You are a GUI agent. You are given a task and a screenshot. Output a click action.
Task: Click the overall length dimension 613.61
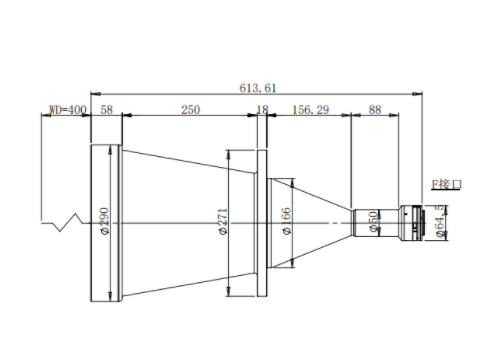[x=258, y=88]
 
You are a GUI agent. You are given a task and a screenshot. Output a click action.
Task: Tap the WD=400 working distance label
[x=68, y=110]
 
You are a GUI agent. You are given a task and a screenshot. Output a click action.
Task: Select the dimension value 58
[x=107, y=110]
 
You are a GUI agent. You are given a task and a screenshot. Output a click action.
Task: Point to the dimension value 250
[x=191, y=110]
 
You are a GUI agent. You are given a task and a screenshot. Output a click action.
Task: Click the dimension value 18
[x=262, y=110]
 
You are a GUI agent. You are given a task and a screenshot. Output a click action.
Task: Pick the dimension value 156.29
[x=311, y=110]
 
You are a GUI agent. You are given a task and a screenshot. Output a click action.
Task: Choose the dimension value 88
[x=375, y=110]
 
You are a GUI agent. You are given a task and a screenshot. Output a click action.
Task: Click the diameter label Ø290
[x=104, y=221]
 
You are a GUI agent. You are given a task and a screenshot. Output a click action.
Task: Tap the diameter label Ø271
[x=223, y=221]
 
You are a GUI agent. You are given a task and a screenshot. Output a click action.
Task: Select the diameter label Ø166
[x=286, y=221]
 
